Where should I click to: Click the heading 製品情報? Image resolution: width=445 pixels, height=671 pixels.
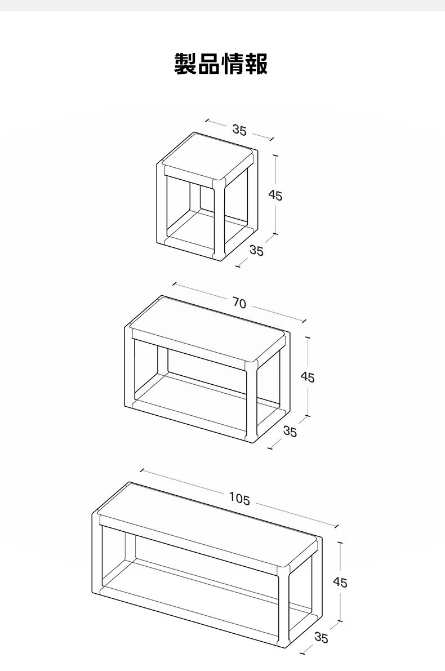click(221, 64)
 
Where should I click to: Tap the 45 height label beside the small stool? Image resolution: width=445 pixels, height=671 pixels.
click(275, 195)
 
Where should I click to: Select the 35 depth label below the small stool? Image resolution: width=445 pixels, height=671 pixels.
click(256, 251)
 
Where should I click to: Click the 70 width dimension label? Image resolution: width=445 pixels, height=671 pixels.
click(239, 303)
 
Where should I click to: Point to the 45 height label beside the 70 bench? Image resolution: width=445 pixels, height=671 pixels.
click(307, 377)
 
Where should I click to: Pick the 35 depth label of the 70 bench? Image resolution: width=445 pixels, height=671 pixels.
click(290, 432)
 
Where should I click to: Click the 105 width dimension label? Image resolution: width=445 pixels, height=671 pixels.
click(239, 499)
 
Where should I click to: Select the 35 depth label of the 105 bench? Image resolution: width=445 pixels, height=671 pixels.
click(321, 637)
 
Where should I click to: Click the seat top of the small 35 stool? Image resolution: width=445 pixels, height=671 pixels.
click(210, 157)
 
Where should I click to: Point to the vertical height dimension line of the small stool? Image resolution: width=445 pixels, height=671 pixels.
click(276, 195)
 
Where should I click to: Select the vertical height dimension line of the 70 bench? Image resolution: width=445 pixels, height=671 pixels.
click(308, 376)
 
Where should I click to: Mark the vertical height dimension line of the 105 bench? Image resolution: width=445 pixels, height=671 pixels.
click(340, 581)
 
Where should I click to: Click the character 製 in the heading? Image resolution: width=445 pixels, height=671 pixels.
click(186, 64)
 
